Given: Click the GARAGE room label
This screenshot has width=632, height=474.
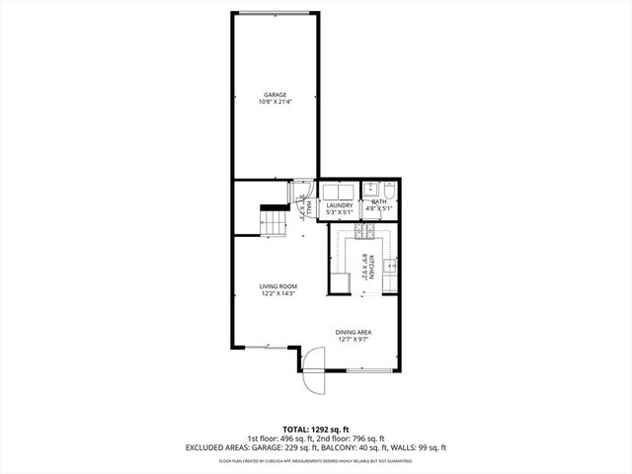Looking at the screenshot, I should point(275,95).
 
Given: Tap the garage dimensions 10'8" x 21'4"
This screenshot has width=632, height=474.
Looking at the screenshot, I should point(275,102).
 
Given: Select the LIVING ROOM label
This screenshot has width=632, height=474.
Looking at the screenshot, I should point(278,286).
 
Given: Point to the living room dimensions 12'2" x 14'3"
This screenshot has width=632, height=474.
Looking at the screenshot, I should point(278,293).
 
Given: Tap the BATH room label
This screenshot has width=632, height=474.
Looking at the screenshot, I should point(379,202).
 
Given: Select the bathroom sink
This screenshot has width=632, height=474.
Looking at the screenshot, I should point(369,189).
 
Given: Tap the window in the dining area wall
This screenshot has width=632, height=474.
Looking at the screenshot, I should point(371,370).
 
